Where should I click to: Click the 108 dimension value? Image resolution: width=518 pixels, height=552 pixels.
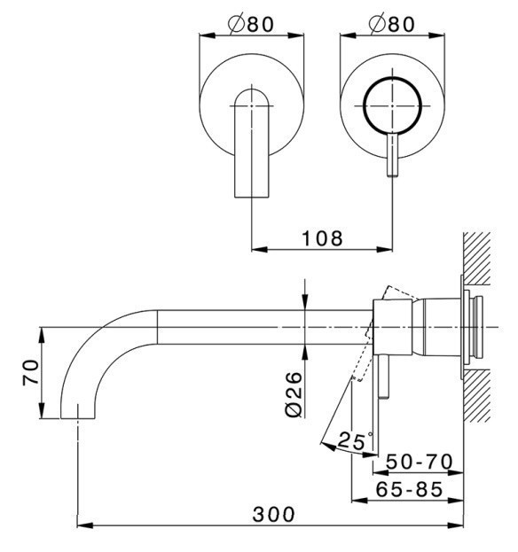[322, 238]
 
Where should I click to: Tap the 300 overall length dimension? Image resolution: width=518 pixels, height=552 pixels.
[273, 514]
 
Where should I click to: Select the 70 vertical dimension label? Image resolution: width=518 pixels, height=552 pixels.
[31, 372]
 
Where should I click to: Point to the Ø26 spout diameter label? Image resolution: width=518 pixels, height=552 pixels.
[294, 394]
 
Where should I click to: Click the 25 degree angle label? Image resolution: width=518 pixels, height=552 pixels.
[353, 441]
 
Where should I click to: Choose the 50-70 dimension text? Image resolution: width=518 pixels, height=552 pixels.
[420, 462]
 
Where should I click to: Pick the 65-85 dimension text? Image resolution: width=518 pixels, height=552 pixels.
[409, 489]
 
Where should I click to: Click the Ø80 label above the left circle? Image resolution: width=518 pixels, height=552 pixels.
[250, 23]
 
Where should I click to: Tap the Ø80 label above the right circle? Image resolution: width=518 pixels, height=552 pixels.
[391, 23]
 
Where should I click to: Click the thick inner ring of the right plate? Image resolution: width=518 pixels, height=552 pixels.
[393, 77]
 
